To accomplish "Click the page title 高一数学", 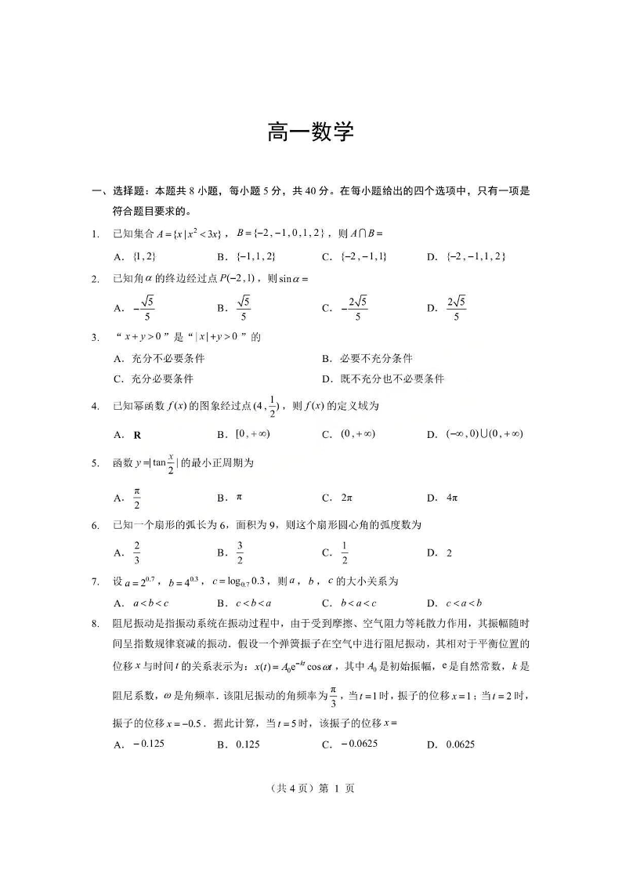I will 311,133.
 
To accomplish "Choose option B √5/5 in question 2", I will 243,308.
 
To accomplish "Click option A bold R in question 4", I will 137,435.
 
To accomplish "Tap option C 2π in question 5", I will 345,498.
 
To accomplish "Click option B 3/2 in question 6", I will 240,552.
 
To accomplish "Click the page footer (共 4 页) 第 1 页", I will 311,789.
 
